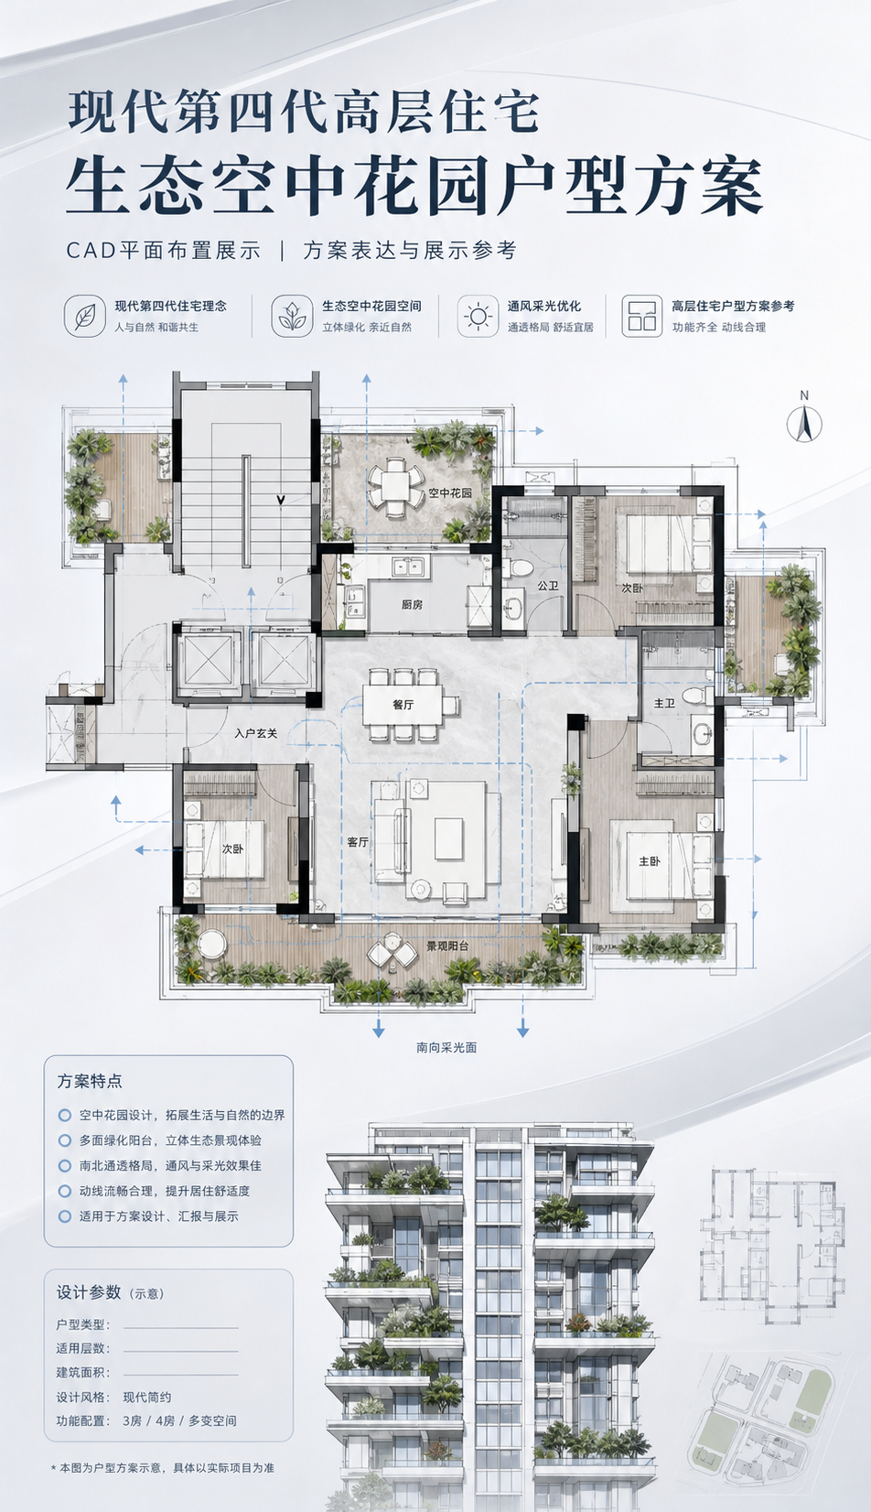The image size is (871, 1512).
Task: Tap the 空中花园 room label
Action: coord(450,492)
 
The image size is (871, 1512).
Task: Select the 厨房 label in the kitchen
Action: coord(413,604)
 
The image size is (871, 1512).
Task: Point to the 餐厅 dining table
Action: coord(402,704)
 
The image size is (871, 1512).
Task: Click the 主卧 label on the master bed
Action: coord(650,861)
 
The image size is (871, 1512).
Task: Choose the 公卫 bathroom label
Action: coord(548,586)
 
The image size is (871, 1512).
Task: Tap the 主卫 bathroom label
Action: coord(664,703)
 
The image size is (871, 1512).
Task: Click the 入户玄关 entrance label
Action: coord(255,733)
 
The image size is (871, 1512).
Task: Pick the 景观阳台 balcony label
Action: coord(447,945)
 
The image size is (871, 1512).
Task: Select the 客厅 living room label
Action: coord(358,842)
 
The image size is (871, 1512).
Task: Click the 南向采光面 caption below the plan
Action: coord(446,1047)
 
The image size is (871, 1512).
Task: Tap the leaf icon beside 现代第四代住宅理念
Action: coord(85,315)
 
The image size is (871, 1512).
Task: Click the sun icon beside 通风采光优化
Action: coord(479,315)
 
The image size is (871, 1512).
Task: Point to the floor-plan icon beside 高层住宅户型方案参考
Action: coord(641,315)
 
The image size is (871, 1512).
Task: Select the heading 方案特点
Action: coord(90,1081)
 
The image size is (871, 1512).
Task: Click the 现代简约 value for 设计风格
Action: coord(146,1397)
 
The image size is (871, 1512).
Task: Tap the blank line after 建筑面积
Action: coord(181,1375)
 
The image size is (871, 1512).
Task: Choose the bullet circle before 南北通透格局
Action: coord(65,1165)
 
